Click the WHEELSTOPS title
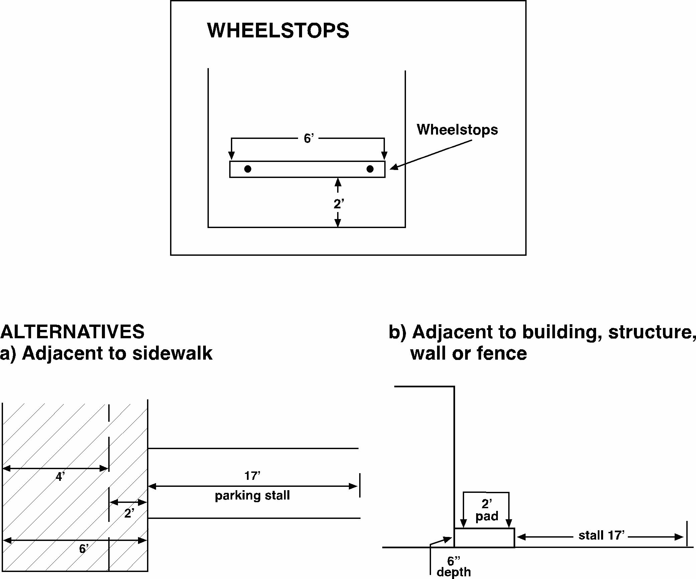pos(278,30)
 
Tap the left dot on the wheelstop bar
pos(248,169)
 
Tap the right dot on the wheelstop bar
pos(370,169)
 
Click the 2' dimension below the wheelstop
pos(339,203)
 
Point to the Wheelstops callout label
pos(457,130)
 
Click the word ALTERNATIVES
pos(73,332)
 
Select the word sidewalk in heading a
pos(172,353)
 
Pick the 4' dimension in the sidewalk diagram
pos(60,477)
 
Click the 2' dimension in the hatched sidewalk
pos(130,513)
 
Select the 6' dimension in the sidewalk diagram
pos(84,549)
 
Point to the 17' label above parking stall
pos(252,475)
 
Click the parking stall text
pos(252,496)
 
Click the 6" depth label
pos(454,566)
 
